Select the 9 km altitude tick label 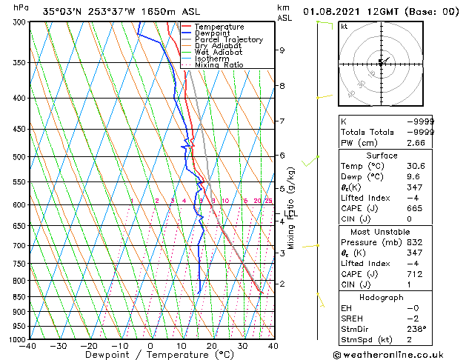(282, 50)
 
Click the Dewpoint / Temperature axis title (151, 355)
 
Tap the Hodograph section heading (382, 298)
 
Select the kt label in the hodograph (344, 27)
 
